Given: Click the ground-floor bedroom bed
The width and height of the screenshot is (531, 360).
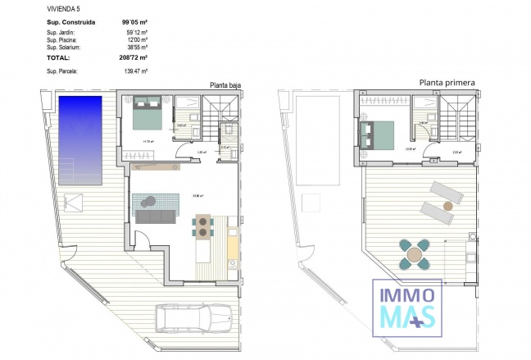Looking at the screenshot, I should click(147, 112).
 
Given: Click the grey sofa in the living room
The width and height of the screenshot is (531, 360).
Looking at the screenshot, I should click(155, 216).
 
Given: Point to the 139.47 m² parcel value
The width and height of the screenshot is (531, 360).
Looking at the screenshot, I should click(134, 73).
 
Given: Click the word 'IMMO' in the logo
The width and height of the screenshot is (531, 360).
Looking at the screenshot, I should click(407, 294).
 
